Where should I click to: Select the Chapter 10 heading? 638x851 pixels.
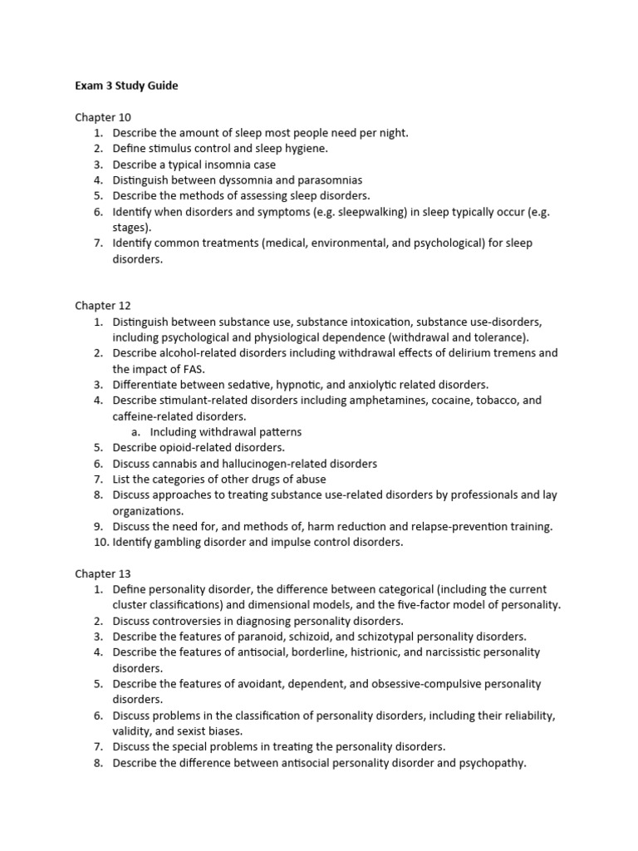coord(103,117)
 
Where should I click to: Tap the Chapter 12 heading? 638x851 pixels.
coord(103,306)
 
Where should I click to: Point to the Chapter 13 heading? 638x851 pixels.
coord(103,573)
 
